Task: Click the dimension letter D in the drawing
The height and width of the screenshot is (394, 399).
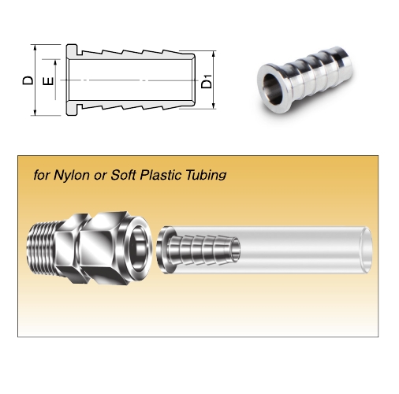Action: tap(28, 80)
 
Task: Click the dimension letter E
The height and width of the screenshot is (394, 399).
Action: tap(48, 81)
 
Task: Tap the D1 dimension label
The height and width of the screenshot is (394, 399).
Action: tap(207, 81)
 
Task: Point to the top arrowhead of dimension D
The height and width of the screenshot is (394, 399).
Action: tap(35, 47)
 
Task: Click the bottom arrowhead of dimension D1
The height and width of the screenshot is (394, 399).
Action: tap(214, 106)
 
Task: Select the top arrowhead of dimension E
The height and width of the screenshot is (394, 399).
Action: tap(55, 63)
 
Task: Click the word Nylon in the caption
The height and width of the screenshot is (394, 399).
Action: tap(72, 175)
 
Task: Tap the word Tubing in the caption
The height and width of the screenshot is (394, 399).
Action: tap(206, 175)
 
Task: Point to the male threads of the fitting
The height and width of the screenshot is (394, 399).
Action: tap(42, 248)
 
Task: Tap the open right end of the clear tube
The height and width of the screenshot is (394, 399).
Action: tap(366, 250)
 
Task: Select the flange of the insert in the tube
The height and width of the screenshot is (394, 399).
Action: tap(165, 250)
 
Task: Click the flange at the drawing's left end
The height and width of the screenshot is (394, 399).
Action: tap(72, 80)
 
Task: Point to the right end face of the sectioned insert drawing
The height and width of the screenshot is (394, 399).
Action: tap(193, 80)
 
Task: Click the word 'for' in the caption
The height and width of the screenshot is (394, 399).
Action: tap(42, 175)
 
